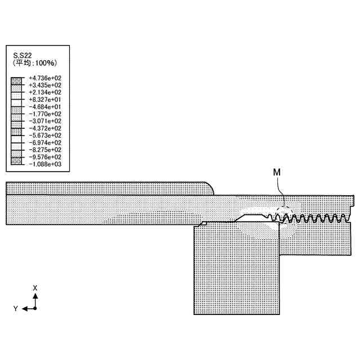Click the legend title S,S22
point(22,55)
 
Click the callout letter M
point(277,172)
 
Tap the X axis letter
point(35,287)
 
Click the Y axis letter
point(16,309)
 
